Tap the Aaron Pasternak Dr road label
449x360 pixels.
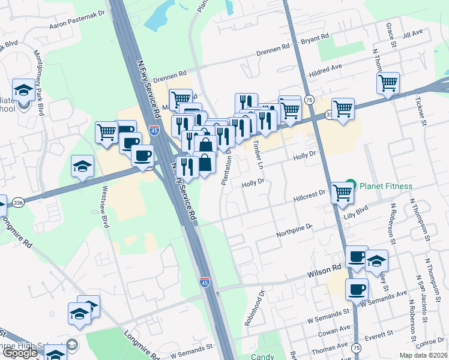(x=77, y=20)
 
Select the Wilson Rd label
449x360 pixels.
(x=324, y=272)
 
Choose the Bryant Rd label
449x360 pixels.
(x=315, y=38)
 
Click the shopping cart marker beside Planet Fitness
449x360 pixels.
(x=342, y=193)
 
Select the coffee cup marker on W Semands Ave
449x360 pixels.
(x=357, y=289)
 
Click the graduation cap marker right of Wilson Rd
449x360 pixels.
(x=376, y=260)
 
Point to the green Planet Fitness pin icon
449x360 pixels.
(x=352, y=185)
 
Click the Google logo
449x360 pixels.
(x=20, y=353)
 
